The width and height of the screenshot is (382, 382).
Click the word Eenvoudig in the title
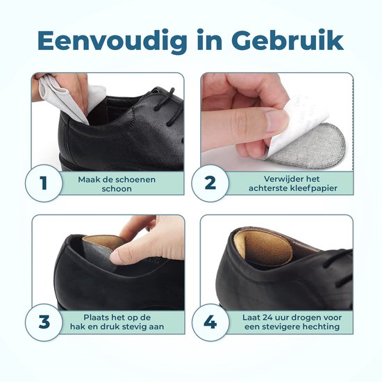(113, 41)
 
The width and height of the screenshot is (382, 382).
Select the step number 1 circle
(44, 183)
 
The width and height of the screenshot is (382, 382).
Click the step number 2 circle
(210, 183)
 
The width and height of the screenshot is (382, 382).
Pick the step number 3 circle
(44, 322)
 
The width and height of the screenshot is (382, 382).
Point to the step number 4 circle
(210, 322)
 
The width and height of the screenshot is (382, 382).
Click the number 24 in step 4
(268, 317)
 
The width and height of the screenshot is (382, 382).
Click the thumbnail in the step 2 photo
(276, 120)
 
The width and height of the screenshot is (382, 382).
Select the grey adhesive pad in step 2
(308, 145)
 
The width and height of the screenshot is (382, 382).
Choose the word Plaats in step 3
(97, 317)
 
